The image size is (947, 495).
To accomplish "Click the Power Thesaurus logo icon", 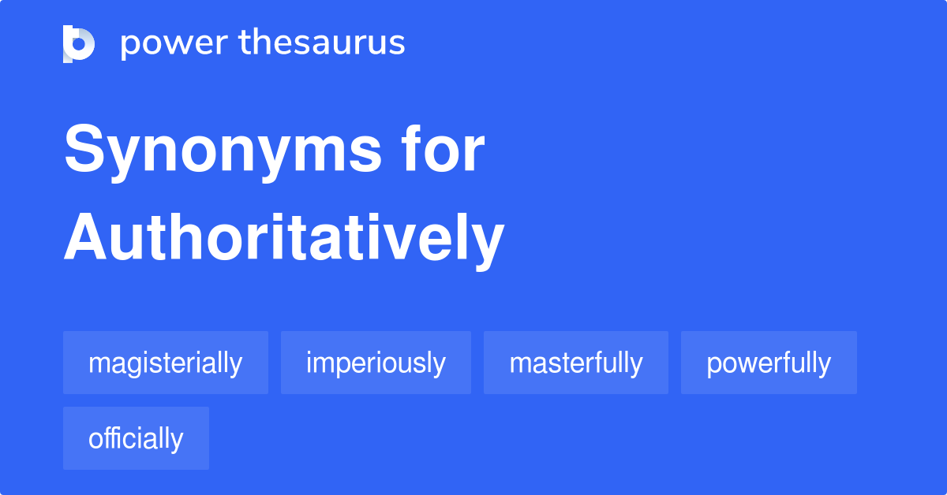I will coord(79,43).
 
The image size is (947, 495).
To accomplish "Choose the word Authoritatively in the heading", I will coord(283,237).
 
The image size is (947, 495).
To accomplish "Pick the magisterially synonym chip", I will coord(166,363).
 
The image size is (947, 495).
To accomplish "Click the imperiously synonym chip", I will coord(376,363).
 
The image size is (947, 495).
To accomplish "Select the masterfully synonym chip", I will coord(576,363).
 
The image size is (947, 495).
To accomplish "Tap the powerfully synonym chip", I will coord(769,363).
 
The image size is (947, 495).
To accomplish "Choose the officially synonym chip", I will coord(136,438).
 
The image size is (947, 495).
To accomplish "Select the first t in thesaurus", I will coord(245,43).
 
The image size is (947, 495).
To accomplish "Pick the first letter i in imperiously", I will coord(309,363).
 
